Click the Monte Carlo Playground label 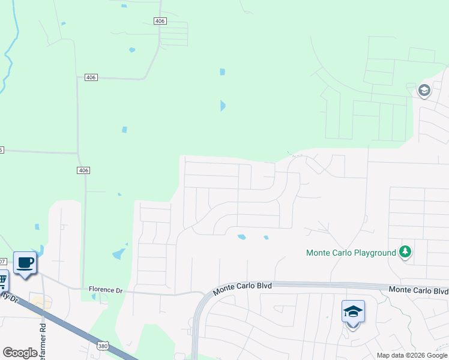coord(351,253)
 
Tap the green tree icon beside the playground coord(405,252)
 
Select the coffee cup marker coord(25,263)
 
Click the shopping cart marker coord(2,280)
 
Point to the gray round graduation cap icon coord(424,90)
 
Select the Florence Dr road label coord(106,290)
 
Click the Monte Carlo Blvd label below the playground coord(418,290)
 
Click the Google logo coord(20,352)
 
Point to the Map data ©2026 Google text coord(411,355)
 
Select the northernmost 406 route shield coord(160,21)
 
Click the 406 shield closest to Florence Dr coord(83,170)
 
